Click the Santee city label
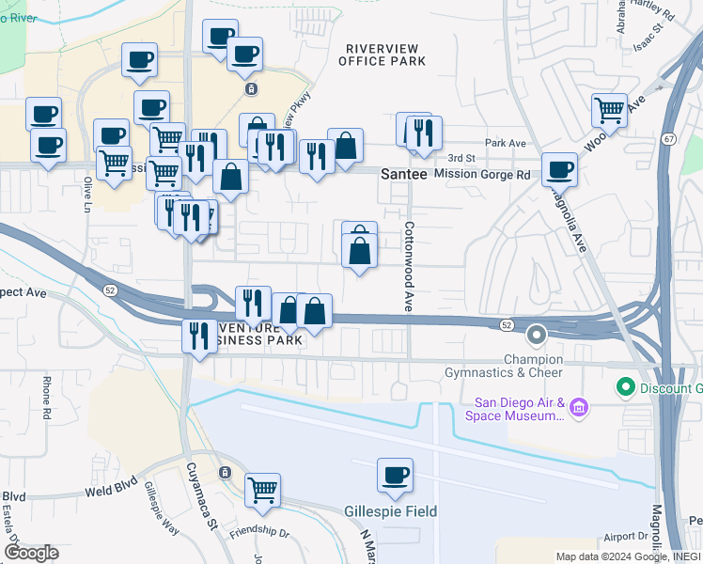(404, 175)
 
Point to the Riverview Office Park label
(385, 55)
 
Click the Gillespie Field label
(396, 511)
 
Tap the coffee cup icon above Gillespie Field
(396, 475)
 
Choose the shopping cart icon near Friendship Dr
(262, 489)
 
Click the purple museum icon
(579, 406)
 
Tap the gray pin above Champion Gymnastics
(537, 334)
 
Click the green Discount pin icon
(624, 386)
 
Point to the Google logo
(31, 553)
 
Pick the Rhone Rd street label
(47, 396)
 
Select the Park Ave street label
(504, 144)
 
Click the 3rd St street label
(461, 158)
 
